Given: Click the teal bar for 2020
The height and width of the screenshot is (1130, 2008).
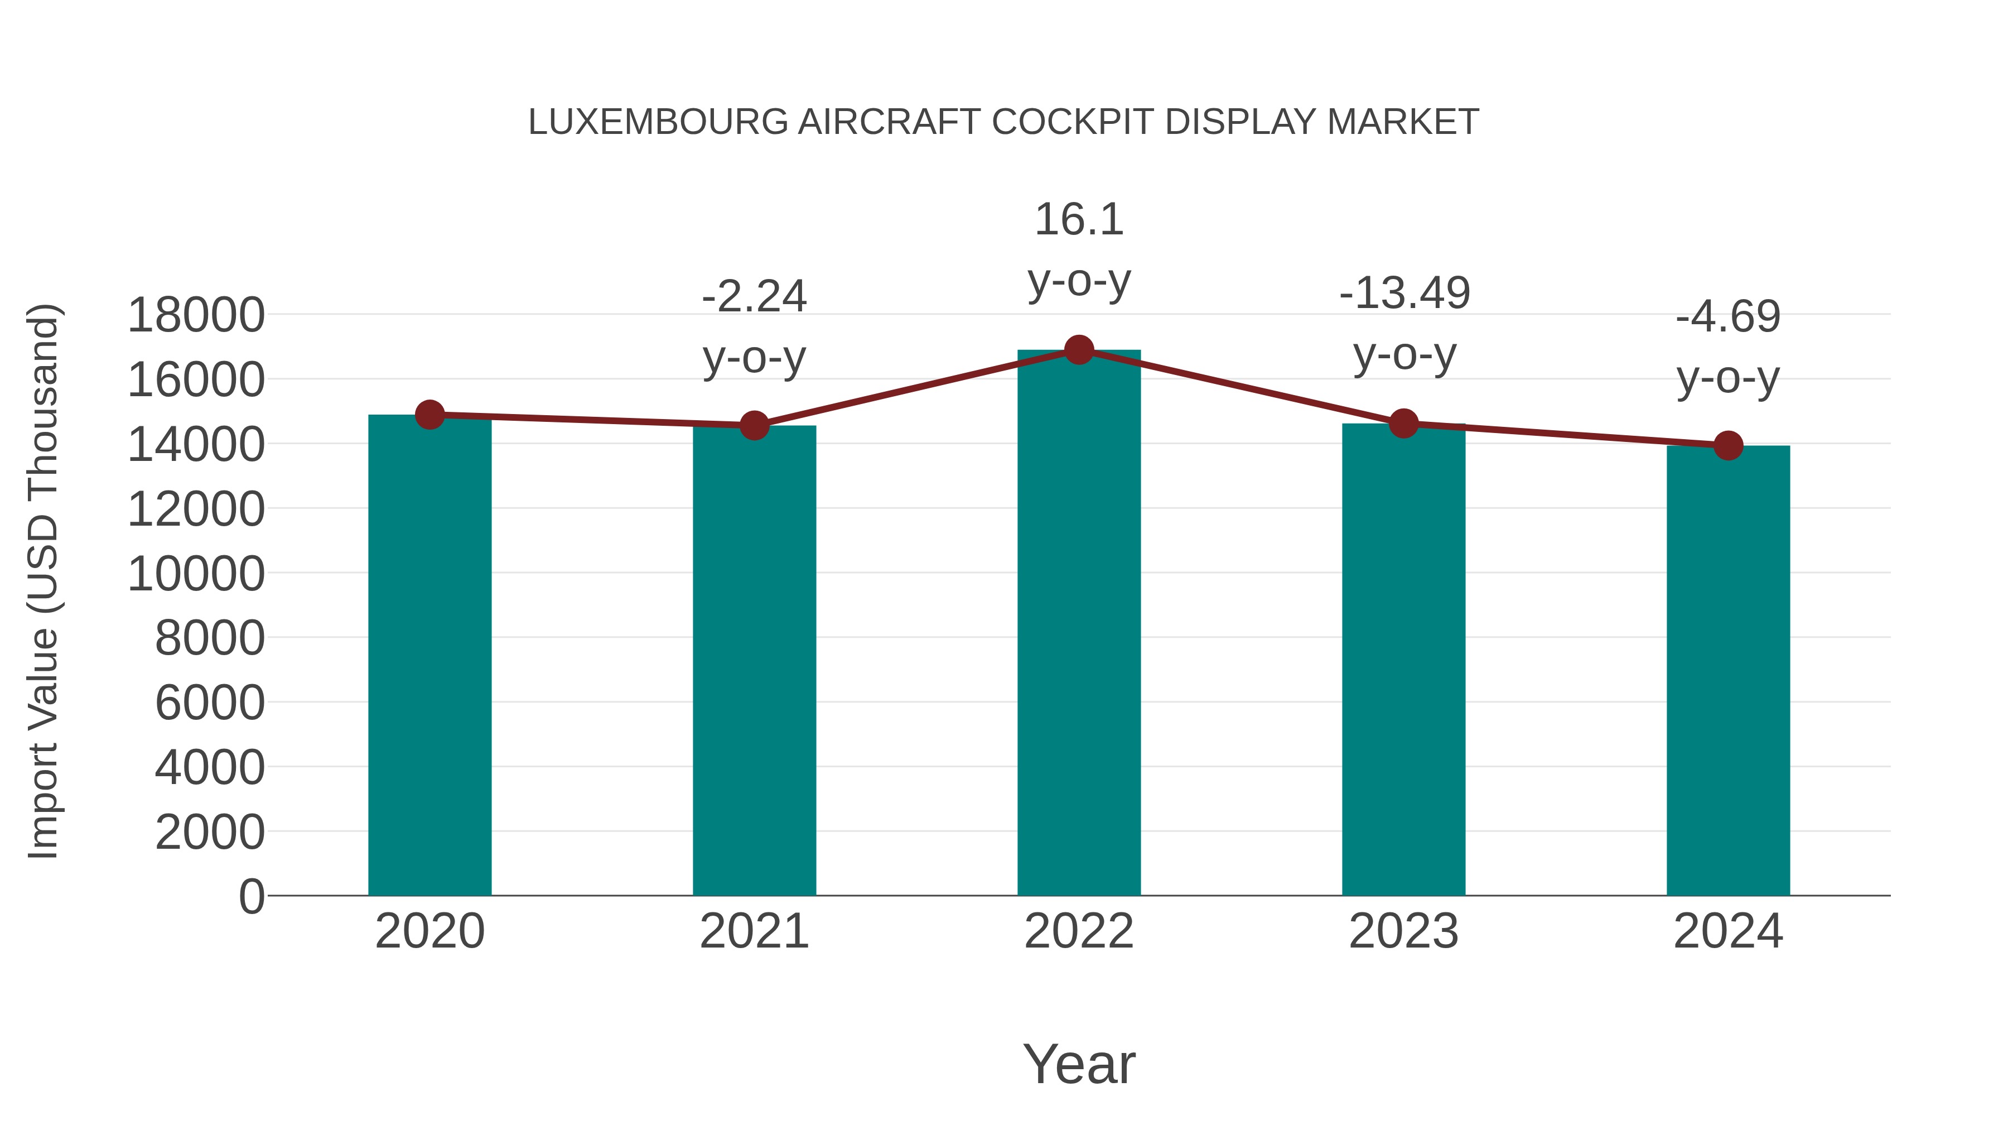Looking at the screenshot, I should tap(429, 655).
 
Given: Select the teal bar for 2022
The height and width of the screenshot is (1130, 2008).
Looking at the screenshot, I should tap(1079, 624).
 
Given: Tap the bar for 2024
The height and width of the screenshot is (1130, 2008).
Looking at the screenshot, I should tap(1728, 671).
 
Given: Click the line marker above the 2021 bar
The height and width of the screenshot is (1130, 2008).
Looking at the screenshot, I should tap(754, 425).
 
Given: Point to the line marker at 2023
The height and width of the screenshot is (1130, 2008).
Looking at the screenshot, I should tap(1403, 424).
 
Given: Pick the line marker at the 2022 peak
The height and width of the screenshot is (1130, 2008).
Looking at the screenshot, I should tap(1079, 350).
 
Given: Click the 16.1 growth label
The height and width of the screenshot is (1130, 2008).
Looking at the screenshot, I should tap(1079, 219).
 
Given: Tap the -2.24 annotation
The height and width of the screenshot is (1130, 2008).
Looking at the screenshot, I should tap(754, 296).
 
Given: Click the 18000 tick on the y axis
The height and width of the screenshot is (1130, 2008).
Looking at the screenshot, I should tap(196, 316).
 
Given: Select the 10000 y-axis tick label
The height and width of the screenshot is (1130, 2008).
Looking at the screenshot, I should tap(196, 574).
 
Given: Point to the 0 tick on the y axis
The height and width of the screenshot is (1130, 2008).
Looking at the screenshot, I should tap(251, 896).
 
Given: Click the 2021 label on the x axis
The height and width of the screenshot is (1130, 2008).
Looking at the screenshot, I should tap(754, 931).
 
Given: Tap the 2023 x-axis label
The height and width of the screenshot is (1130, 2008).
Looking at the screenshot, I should tap(1403, 931).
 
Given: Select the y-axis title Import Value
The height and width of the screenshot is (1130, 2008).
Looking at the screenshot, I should tap(44, 581).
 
